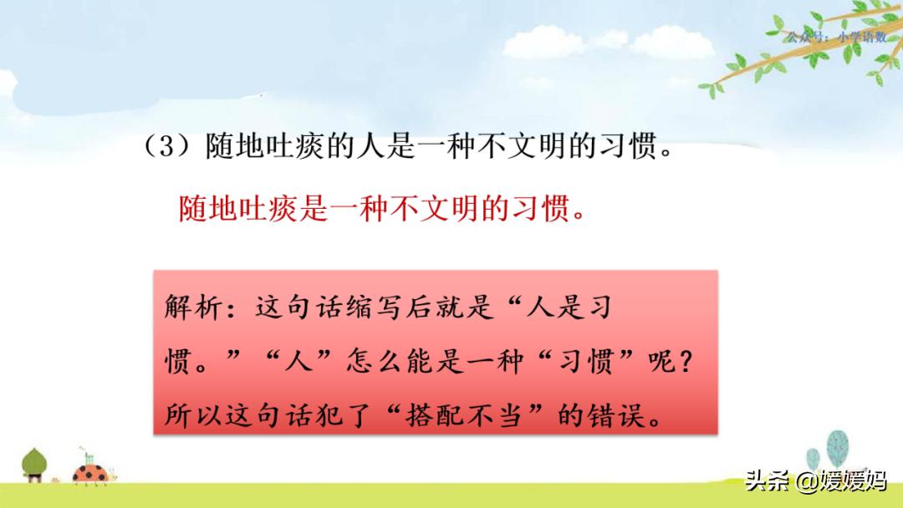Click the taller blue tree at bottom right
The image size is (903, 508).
(838, 450)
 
